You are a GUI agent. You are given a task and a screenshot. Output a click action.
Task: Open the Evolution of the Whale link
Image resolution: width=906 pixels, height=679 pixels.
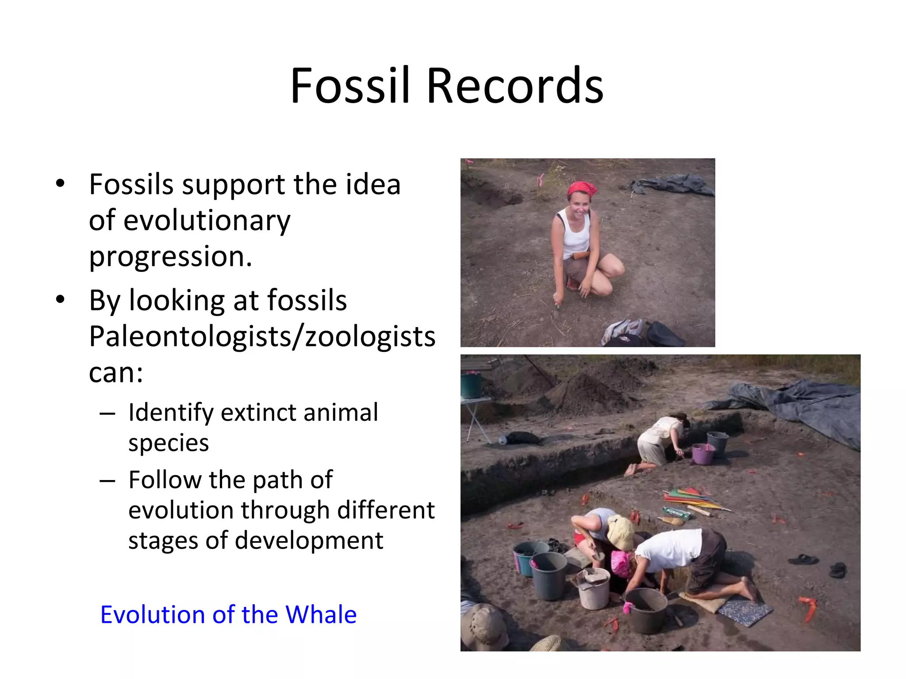click(x=228, y=614)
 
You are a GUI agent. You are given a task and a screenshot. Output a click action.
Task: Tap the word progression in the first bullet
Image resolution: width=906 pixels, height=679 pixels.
click(x=170, y=257)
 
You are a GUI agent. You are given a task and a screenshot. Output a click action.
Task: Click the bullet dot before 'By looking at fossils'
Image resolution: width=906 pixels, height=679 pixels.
click(x=60, y=300)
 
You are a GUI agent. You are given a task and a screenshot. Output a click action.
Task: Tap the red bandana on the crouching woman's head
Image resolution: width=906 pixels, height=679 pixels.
click(x=581, y=189)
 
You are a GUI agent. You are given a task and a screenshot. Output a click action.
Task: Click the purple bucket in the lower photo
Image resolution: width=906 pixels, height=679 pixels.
click(x=703, y=454)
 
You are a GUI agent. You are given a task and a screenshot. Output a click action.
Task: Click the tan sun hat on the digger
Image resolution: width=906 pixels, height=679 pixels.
click(x=620, y=531)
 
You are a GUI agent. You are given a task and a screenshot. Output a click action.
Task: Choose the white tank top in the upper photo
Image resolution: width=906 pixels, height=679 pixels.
click(x=575, y=234)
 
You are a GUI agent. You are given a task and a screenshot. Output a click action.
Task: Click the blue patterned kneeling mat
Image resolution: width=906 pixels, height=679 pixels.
click(x=745, y=611)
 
